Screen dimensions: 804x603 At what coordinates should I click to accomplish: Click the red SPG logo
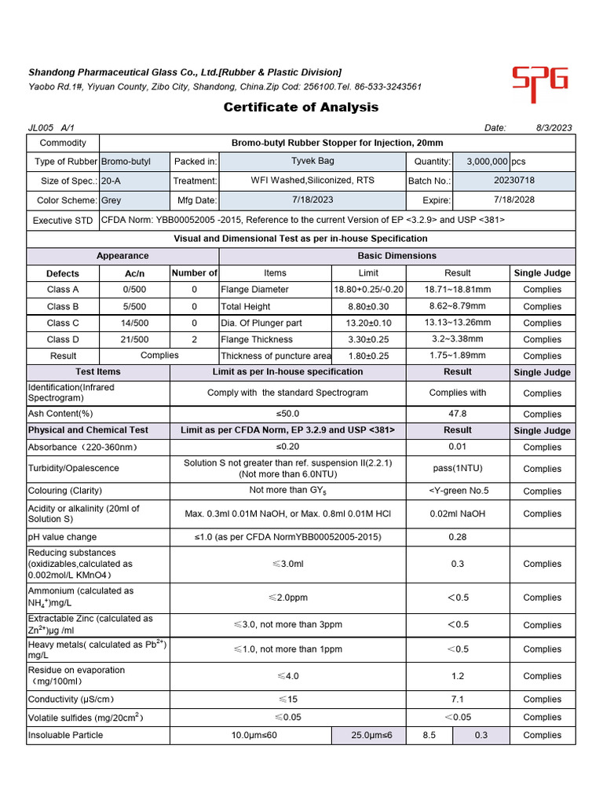tap(539, 83)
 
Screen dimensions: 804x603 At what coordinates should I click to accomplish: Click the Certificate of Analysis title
tap(301, 108)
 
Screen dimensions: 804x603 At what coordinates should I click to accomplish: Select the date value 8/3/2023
tap(554, 128)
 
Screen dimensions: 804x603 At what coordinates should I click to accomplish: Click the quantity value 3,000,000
tap(488, 162)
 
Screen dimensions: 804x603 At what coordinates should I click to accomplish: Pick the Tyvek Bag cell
tap(312, 161)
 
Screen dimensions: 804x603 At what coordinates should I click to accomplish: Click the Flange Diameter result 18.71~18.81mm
tap(458, 290)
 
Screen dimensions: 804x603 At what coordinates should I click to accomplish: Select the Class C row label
tap(63, 323)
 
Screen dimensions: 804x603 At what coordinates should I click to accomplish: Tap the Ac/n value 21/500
tap(134, 340)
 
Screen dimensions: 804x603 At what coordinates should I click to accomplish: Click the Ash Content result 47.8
tap(457, 414)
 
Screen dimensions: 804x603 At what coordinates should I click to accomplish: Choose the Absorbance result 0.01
tap(457, 448)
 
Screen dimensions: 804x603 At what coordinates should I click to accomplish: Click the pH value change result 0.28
tap(457, 537)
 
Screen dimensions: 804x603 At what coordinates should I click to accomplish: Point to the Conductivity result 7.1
tap(457, 699)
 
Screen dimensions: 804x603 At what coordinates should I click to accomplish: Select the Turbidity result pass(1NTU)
tap(457, 468)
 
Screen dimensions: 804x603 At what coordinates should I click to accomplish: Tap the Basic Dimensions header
tap(397, 256)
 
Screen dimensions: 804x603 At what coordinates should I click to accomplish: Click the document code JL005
tap(39, 128)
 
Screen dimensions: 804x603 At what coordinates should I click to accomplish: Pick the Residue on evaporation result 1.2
tap(457, 676)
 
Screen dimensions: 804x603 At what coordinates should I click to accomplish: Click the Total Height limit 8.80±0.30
tap(368, 306)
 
